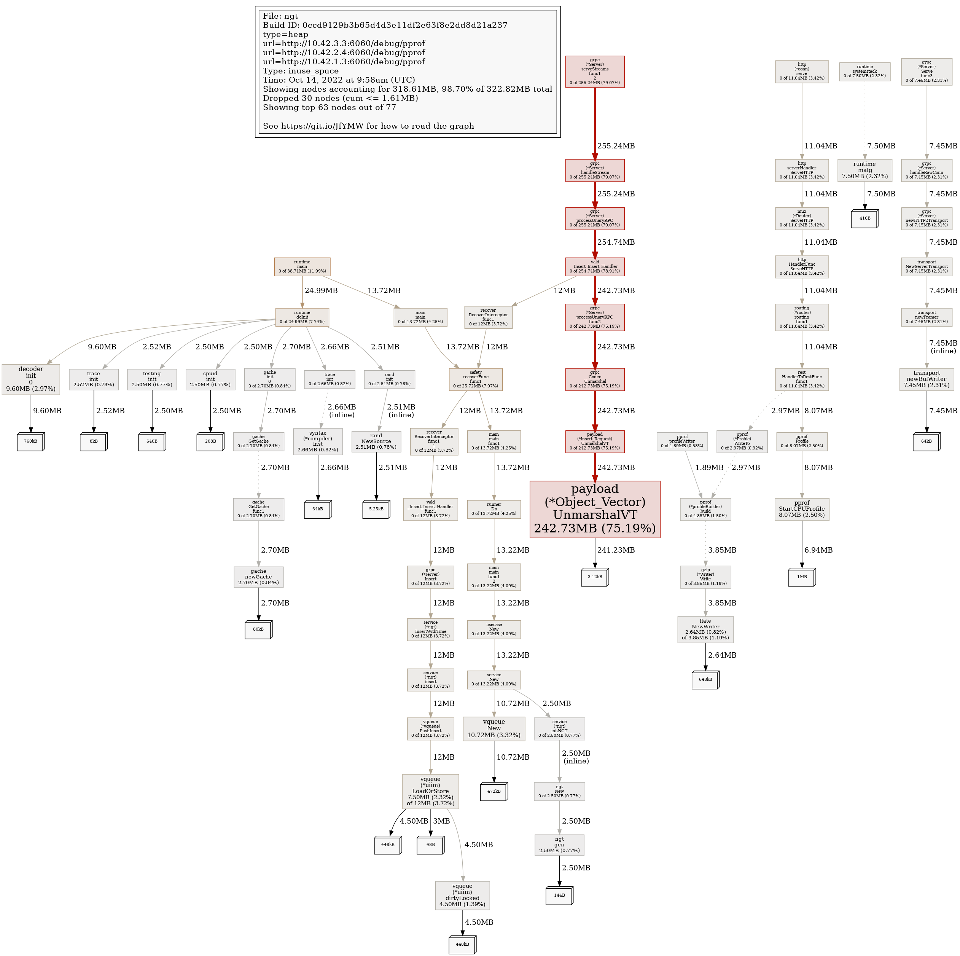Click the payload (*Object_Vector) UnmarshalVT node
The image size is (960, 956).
click(x=595, y=509)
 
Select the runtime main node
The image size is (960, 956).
click(x=302, y=267)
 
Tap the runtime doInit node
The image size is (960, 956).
click(x=302, y=317)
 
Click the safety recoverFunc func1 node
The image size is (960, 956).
click(x=476, y=379)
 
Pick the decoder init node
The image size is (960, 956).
click(x=31, y=379)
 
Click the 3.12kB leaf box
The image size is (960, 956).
click(x=595, y=577)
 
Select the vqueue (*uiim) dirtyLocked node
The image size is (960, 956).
click(x=462, y=895)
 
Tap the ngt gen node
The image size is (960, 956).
click(x=559, y=845)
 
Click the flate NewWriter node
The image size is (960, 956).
click(x=705, y=629)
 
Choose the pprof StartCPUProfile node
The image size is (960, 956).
click(x=801, y=509)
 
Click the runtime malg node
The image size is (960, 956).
click(x=864, y=170)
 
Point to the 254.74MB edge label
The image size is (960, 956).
click(x=616, y=242)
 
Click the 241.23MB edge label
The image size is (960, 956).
click(x=616, y=550)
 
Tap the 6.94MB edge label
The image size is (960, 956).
click(x=818, y=550)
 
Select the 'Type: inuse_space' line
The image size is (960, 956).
click(x=301, y=71)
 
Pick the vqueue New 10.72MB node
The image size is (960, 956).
click(x=494, y=728)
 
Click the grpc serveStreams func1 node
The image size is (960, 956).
click(x=595, y=72)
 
